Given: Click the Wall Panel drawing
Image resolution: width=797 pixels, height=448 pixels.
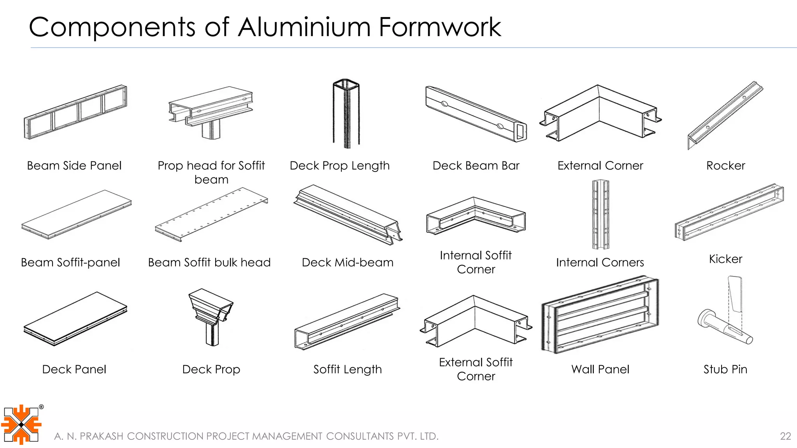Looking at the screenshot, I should (600, 315).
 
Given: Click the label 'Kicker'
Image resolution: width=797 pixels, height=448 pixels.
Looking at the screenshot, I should (725, 259).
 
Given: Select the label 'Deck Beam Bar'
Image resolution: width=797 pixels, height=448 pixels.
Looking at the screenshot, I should (476, 166).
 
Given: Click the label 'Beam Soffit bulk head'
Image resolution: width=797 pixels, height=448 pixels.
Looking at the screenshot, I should (209, 262).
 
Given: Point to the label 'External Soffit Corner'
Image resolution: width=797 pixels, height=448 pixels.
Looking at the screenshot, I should (476, 369).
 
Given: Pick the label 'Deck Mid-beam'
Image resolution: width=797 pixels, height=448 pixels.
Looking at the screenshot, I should (348, 262).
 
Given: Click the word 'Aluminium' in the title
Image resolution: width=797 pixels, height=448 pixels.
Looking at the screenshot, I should (304, 27).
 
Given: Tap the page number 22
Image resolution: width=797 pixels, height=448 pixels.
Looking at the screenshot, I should (785, 436).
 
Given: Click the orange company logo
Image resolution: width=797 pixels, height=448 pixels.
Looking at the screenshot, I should (21, 425).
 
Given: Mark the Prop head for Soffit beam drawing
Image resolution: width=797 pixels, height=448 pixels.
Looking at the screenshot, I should (211, 111).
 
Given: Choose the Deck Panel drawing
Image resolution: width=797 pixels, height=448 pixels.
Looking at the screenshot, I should (75, 319).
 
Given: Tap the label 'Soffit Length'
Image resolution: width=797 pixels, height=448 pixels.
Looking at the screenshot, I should (348, 369).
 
